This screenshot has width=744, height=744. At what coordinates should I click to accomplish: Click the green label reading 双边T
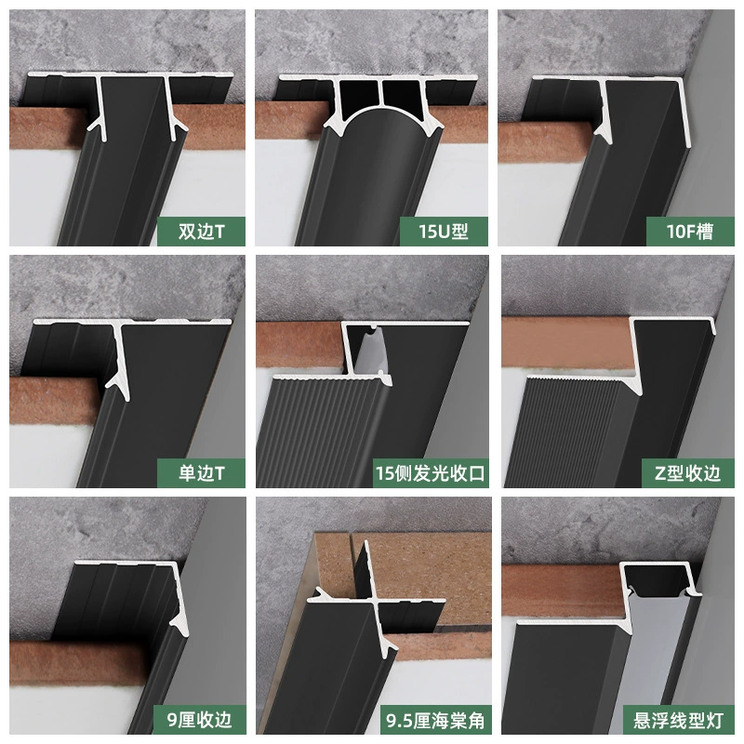201,231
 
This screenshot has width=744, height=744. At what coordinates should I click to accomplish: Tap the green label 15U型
444,231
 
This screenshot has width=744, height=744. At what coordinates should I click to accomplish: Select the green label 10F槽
690,231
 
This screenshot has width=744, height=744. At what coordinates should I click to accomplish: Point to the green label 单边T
201,473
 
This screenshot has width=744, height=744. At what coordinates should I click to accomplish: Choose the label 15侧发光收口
431,473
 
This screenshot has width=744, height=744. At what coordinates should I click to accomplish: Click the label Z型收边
688,473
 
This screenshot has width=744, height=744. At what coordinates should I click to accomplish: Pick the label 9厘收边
200,720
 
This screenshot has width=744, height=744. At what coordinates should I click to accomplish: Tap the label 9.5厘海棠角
435,720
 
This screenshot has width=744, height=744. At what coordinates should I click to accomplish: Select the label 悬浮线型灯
679,720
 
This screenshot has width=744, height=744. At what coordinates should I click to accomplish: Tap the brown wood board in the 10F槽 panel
546,141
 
